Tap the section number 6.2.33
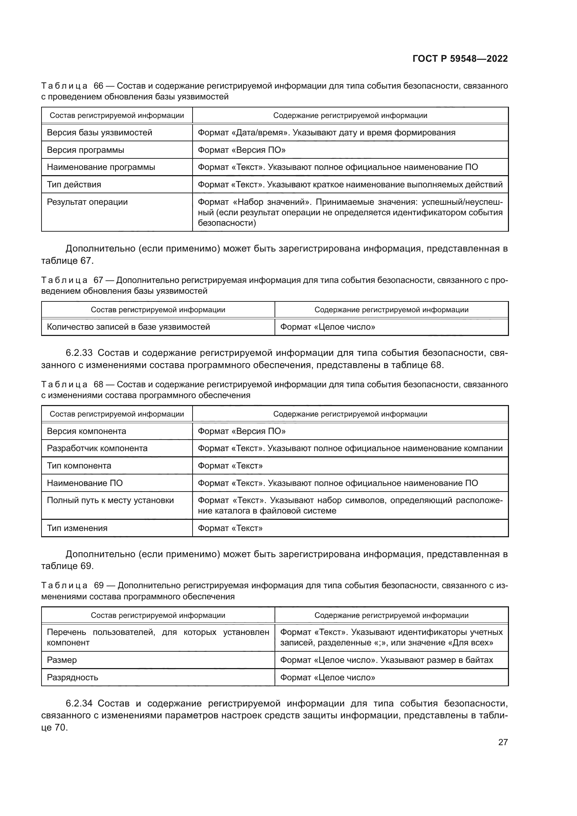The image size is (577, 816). click(x=79, y=353)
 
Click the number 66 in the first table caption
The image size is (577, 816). click(x=98, y=86)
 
